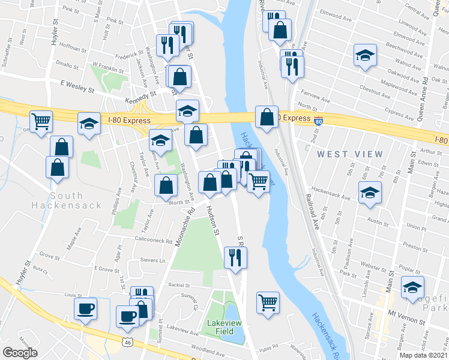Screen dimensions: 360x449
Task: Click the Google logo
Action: pos(20,353)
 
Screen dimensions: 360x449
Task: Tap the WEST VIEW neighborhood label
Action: pos(349,154)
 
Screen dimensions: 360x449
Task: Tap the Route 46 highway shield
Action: pos(127,342)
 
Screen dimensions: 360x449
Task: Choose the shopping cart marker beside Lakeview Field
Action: pos(267,302)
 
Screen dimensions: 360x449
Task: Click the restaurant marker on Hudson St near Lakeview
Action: pos(235,257)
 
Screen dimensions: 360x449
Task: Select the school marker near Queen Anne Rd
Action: pos(365,56)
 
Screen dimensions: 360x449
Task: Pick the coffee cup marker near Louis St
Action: pos(85,308)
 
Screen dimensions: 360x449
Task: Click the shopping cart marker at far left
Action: pos(41,122)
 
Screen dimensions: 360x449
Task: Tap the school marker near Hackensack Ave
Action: pos(369,193)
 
